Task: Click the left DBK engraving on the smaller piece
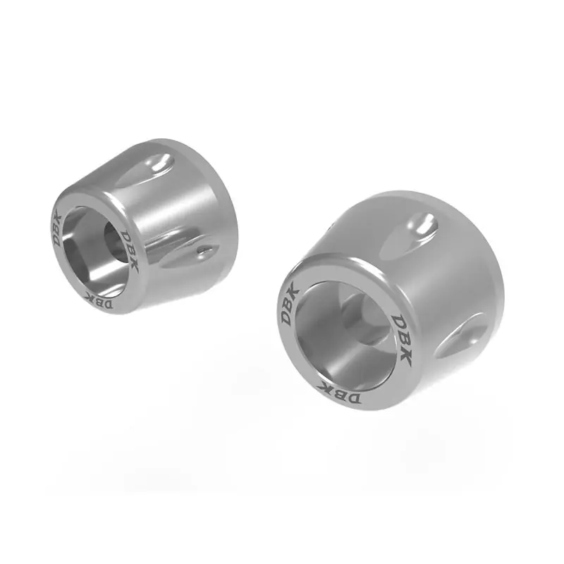coord(58,231)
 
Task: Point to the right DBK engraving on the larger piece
coord(400,340)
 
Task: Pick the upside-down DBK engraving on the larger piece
coord(339,393)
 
